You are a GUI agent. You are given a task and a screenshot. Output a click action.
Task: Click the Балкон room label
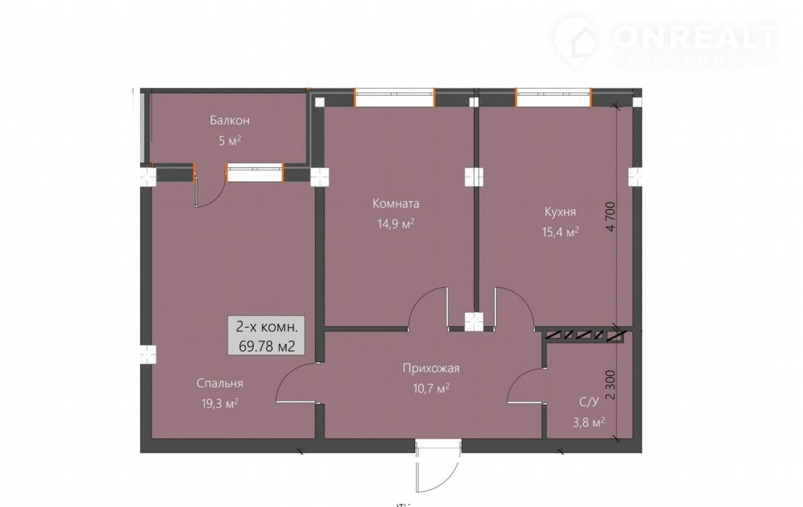[230, 120]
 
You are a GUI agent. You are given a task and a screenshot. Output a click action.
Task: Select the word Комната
[396, 204]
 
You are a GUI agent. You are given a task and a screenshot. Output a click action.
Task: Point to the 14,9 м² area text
[396, 224]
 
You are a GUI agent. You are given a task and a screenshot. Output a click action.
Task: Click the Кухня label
[560, 212]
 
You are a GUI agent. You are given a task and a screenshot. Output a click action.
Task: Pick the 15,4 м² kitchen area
[560, 232]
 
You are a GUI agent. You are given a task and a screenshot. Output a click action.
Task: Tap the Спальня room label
[220, 383]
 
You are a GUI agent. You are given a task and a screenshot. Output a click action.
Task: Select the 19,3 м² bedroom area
[220, 403]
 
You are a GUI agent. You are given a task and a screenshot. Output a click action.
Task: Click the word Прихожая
[431, 368]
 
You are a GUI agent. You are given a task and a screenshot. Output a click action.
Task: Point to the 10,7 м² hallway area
[431, 388]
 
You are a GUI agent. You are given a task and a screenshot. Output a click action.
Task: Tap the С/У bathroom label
[589, 402]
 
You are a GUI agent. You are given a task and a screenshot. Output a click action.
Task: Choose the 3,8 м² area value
[589, 422]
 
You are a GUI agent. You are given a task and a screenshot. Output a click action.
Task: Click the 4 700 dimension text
[611, 216]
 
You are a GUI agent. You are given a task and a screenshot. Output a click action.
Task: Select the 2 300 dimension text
[611, 385]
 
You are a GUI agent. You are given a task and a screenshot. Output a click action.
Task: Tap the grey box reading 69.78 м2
[267, 336]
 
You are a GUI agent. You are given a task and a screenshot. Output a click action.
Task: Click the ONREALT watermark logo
[667, 42]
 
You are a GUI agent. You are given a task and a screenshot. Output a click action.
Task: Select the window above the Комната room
[395, 97]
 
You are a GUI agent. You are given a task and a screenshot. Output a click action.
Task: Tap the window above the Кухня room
[553, 97]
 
